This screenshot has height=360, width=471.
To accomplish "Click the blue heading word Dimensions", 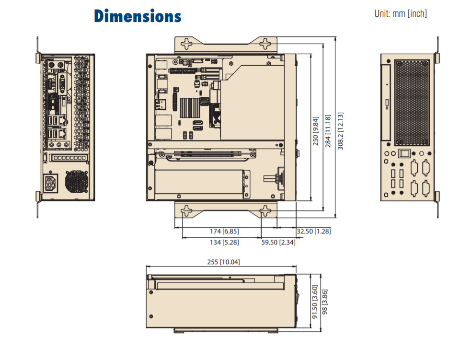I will [138, 16].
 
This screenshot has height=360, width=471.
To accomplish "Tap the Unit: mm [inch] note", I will [400, 14].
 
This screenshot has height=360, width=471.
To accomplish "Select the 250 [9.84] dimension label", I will [315, 130].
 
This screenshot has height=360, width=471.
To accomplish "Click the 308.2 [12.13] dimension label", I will [340, 131].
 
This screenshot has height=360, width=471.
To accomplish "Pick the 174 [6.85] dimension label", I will [224, 232].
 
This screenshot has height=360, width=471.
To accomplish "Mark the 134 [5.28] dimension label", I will [224, 243].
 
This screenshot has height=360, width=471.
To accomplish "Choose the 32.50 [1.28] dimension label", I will [313, 232].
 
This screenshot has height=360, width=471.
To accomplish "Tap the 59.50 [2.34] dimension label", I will [278, 243].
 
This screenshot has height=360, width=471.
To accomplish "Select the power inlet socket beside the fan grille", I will [50, 184].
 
